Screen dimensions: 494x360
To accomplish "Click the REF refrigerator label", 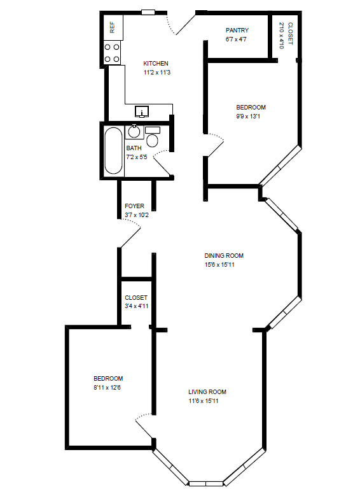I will (113, 27).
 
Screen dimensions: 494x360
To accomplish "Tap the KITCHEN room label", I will (156, 63).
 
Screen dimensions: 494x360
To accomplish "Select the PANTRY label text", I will (237, 30).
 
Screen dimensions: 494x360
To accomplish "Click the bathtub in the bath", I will (113, 151).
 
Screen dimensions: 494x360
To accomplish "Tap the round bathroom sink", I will (134, 132).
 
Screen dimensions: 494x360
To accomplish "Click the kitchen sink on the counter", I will (142, 112).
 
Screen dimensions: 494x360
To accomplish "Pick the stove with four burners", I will (113, 53).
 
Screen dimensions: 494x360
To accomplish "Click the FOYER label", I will (134, 206).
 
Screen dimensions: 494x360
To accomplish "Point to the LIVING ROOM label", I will (207, 392).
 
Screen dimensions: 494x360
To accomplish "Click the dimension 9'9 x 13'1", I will (251, 116).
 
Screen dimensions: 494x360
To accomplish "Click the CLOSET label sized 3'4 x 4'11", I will (136, 297).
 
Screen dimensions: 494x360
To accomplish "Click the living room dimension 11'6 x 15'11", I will (207, 401).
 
